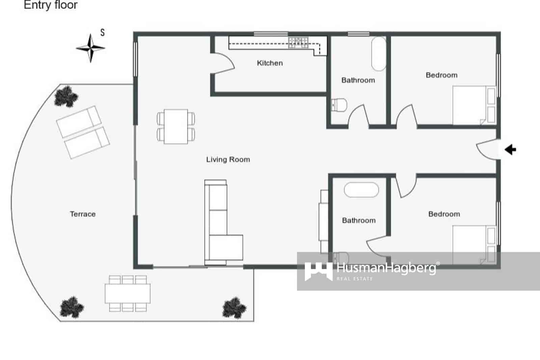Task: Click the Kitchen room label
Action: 270,63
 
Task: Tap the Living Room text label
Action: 228,159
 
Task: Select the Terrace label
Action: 83,214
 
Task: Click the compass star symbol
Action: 90,48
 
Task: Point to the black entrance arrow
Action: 510,149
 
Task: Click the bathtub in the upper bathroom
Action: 379,54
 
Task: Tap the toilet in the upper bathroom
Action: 340,105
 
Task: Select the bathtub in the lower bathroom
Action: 361,190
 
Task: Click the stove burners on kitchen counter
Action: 298,42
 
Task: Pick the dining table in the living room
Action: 176,127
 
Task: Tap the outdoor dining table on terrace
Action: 128,293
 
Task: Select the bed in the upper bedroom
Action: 473,105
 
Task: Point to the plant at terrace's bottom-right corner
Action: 234,307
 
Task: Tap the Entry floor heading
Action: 51,5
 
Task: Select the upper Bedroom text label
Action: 441,75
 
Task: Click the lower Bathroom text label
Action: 358,221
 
